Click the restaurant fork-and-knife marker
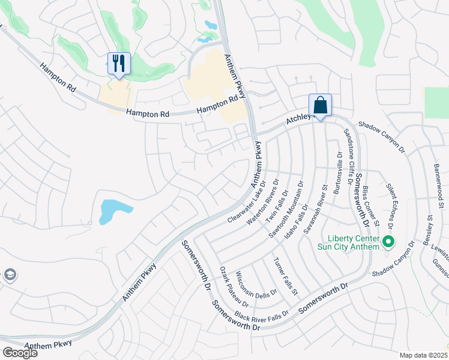[118, 63]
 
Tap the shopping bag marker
[321, 105]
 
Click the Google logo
[20, 352]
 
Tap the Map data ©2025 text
[423, 355]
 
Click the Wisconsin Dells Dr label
[256, 284]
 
